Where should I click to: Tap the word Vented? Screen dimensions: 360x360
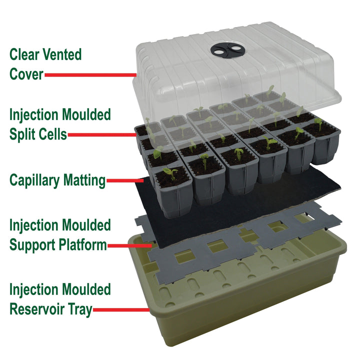coord(64,54)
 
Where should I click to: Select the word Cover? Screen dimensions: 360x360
coord(26,75)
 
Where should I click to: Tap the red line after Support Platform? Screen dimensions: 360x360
coord(130,245)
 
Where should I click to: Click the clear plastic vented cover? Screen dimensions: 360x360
coord(280,70)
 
